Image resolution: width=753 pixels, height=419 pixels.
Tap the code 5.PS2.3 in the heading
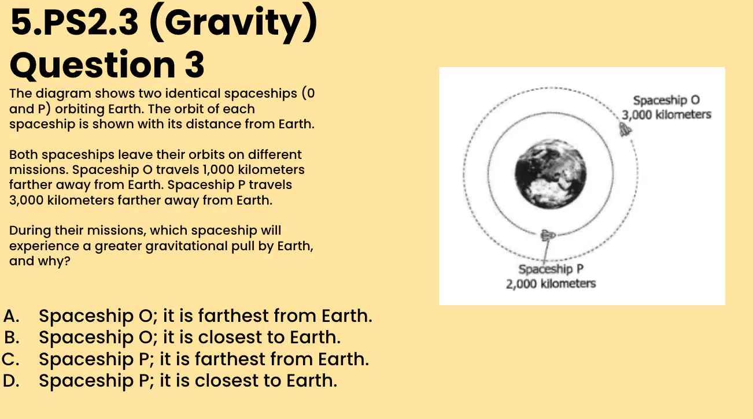pyautogui.click(x=74, y=22)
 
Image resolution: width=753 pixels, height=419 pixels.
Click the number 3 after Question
pyautogui.click(x=194, y=64)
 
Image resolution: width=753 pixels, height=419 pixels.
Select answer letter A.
pyautogui.click(x=11, y=316)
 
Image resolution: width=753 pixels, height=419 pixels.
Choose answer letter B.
pyautogui.click(x=12, y=337)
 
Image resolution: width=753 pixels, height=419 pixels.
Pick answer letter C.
pyautogui.click(x=10, y=359)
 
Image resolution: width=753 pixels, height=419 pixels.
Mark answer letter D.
pyautogui.click(x=11, y=380)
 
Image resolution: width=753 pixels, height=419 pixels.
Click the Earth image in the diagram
pyautogui.click(x=551, y=174)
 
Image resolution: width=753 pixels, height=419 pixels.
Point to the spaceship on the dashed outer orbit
pyautogui.click(x=625, y=129)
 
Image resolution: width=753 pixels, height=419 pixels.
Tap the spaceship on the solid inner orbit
pyautogui.click(x=548, y=235)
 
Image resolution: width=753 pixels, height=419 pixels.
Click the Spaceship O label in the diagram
pyautogui.click(x=666, y=100)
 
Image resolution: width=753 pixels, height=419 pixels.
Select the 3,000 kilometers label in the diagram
pyautogui.click(x=666, y=114)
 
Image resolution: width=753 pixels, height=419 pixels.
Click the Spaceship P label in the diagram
pyautogui.click(x=551, y=269)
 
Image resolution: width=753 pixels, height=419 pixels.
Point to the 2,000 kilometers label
pyautogui.click(x=551, y=284)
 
